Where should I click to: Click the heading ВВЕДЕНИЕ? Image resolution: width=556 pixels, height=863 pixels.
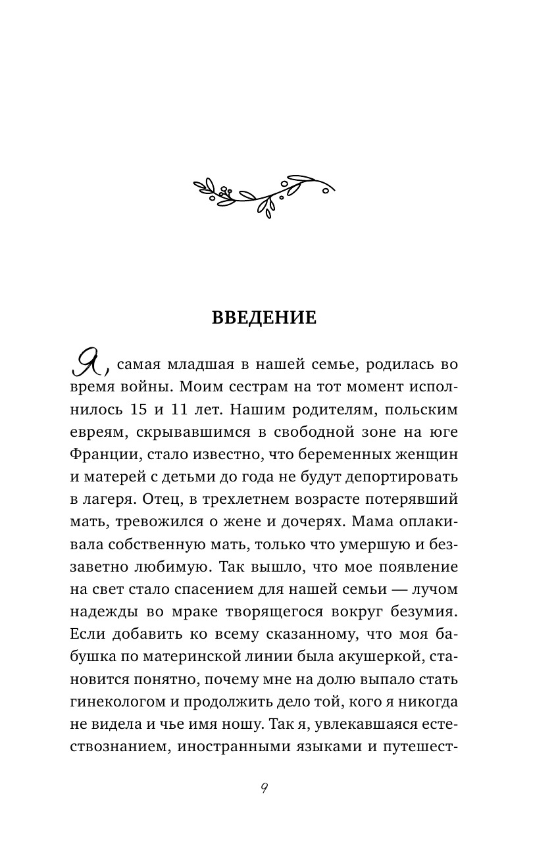click(264, 318)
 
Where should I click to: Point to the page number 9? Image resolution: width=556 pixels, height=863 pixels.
click(264, 789)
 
